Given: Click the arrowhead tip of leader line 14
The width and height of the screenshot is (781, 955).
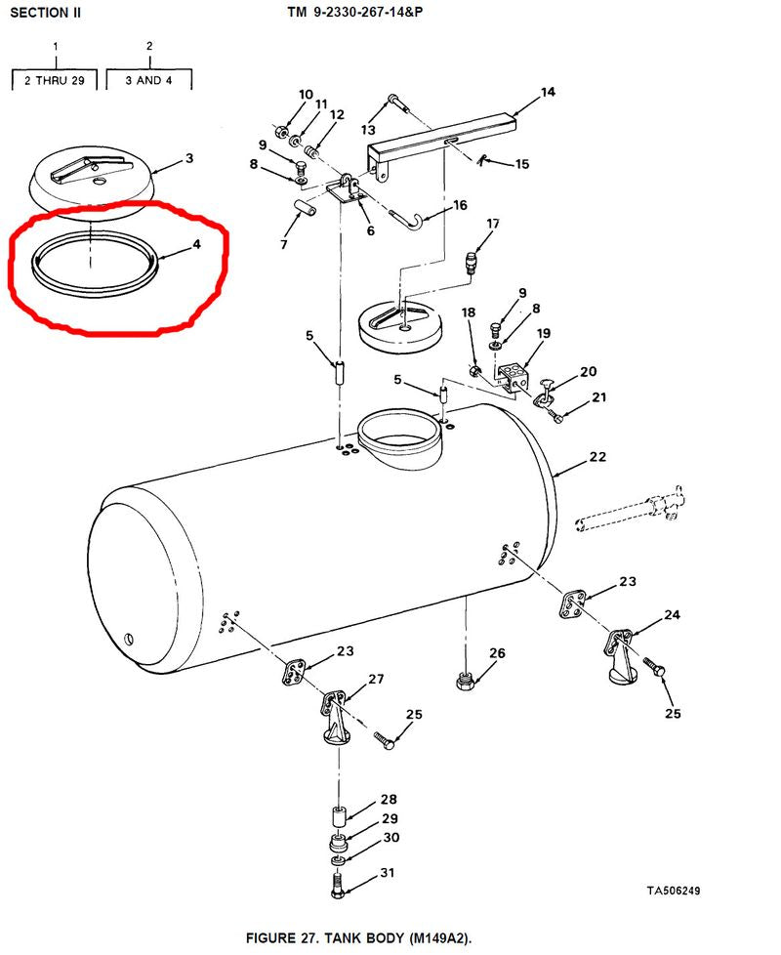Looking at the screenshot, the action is (x=512, y=115).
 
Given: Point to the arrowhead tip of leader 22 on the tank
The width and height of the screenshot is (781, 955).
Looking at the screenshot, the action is (x=553, y=477).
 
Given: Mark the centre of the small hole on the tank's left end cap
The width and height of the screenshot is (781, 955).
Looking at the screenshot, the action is (x=129, y=639).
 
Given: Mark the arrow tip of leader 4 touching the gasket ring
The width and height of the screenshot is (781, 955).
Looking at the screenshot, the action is (x=156, y=260).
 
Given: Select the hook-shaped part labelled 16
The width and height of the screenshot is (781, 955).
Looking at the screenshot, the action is (x=407, y=220).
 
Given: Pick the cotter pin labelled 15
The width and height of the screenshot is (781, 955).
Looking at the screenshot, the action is (x=481, y=160).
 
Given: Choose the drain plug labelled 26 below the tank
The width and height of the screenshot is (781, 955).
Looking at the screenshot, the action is (x=465, y=681).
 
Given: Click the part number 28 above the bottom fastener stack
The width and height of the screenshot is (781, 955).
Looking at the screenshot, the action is (x=389, y=799).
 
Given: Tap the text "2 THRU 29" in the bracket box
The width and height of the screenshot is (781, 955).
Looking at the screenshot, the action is (x=54, y=80).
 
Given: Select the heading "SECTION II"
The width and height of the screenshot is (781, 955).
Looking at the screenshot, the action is (x=45, y=13).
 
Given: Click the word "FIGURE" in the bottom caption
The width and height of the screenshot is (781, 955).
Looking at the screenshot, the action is (x=270, y=937).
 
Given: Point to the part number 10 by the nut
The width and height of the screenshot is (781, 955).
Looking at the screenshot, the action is (x=306, y=95).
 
